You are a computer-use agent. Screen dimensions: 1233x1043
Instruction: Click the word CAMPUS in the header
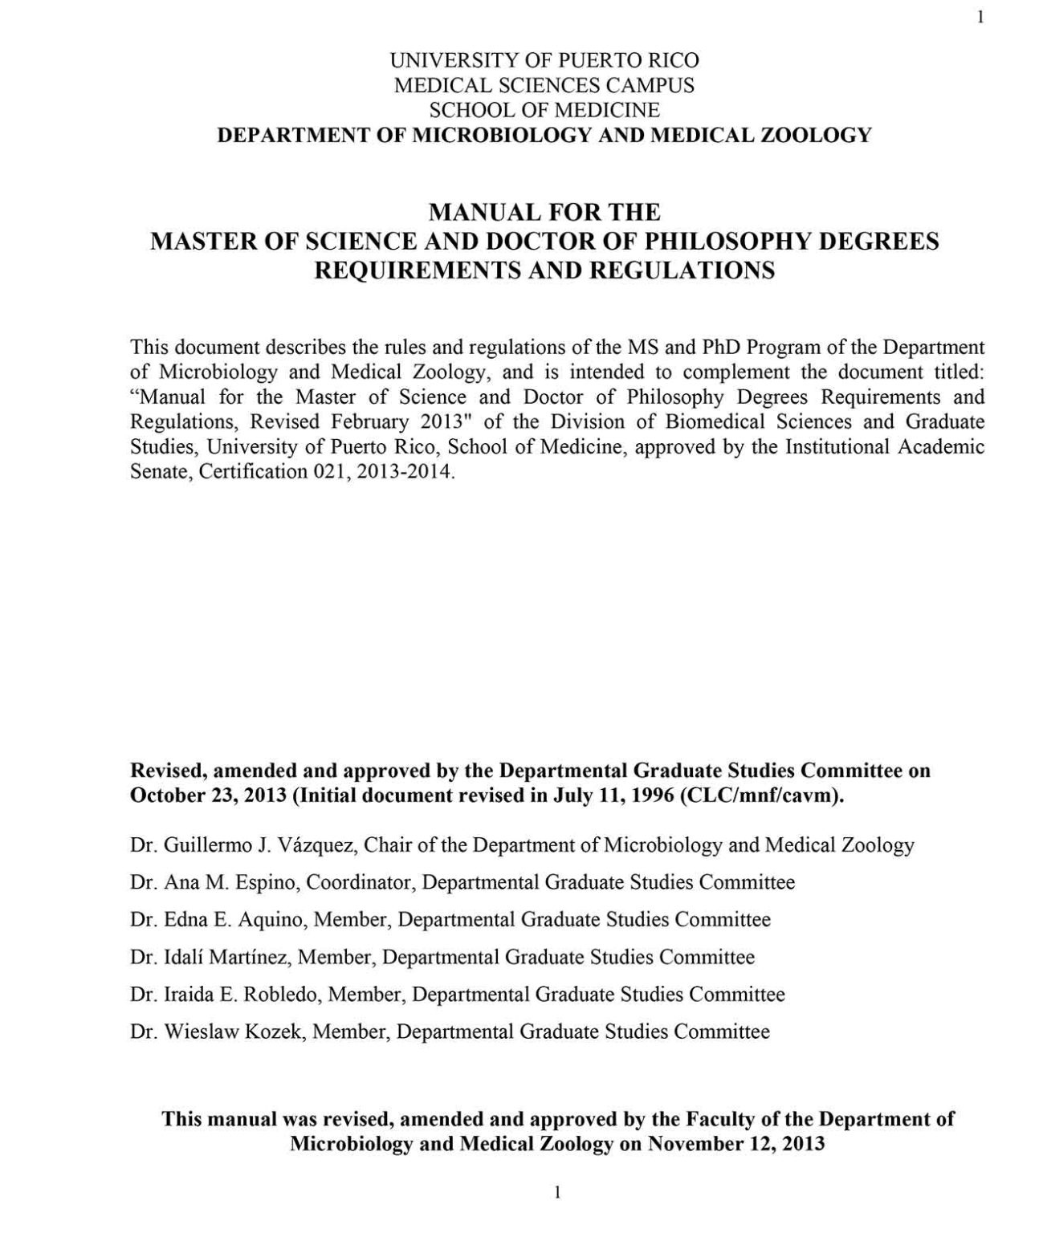pos(647,85)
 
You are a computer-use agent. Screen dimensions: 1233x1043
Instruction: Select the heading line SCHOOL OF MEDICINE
pos(544,110)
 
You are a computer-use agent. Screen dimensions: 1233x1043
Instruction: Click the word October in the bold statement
pos(165,796)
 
